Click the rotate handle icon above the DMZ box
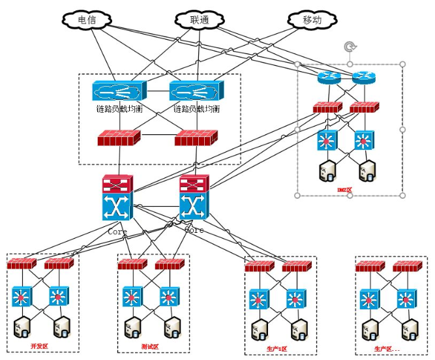pos(350,47)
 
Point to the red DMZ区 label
pos(344,190)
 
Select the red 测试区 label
pos(150,346)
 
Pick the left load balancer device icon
pos(112,91)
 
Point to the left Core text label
pos(117,231)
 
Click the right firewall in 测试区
pos(169,264)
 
